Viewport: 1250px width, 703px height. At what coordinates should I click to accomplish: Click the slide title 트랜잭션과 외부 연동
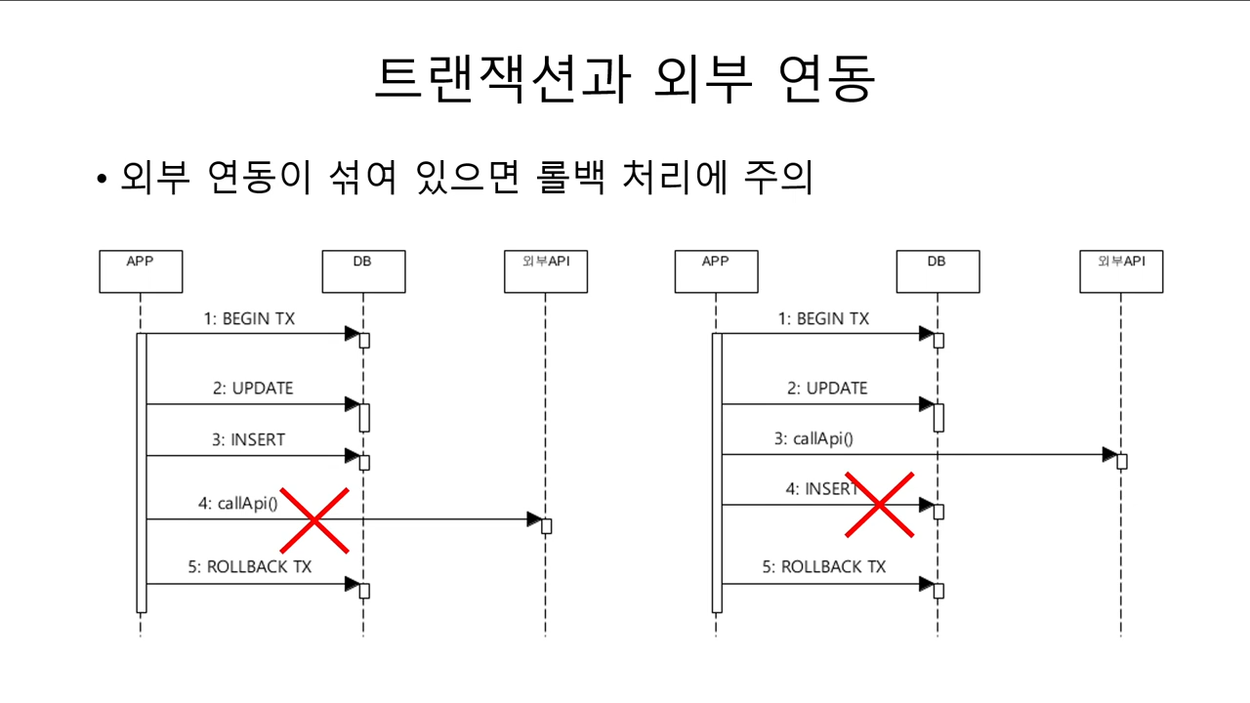pos(624,80)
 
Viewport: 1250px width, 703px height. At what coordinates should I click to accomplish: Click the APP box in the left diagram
pos(141,271)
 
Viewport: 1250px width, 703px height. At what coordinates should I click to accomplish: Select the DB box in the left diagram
pos(363,271)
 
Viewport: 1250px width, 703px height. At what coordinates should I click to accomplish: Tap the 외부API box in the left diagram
pos(545,271)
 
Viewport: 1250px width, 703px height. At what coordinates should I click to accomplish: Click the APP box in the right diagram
pos(716,271)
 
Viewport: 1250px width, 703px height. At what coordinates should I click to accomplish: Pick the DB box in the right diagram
pos(937,271)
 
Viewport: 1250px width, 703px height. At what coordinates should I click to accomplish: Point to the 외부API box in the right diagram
pos(1121,271)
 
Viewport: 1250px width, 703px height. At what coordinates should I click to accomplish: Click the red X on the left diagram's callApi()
pos(314,519)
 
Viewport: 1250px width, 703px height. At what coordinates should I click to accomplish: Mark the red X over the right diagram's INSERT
pos(879,505)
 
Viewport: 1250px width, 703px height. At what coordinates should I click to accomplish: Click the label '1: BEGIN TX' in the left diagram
pos(249,319)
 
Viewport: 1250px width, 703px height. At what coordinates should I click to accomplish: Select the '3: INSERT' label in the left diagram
pos(249,440)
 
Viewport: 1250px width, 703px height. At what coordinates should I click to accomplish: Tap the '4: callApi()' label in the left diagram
pos(237,504)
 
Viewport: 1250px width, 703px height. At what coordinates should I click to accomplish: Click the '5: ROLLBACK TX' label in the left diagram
pos(249,567)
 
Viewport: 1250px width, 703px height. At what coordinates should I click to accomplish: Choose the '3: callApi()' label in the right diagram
pos(813,439)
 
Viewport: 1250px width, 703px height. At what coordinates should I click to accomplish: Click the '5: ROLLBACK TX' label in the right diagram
pos(823,567)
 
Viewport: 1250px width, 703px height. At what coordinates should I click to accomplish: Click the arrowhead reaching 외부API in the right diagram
pos(1109,455)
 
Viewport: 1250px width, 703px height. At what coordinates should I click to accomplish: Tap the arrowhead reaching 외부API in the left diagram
pos(534,519)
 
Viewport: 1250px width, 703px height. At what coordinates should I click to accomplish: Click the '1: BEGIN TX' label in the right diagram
pos(823,319)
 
